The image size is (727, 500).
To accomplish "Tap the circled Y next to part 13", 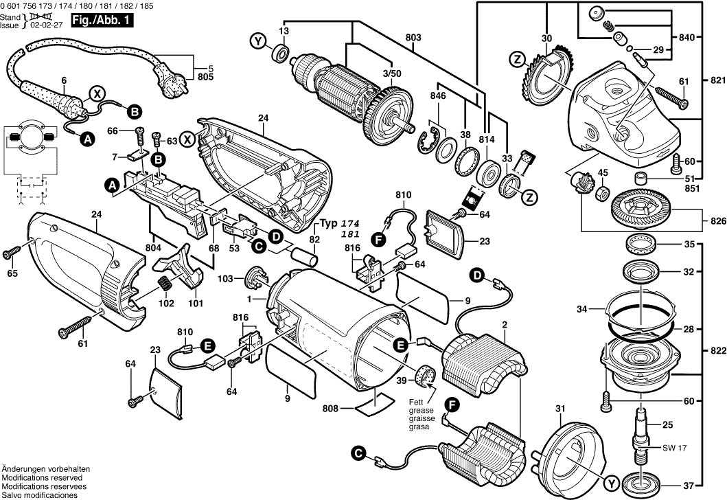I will click(259, 43).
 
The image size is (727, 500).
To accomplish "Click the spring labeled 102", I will click(165, 283).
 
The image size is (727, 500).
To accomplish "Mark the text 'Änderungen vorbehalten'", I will click(42, 468).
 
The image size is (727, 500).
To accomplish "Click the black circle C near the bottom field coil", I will click(357, 453).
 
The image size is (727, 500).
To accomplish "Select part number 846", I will click(437, 96).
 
